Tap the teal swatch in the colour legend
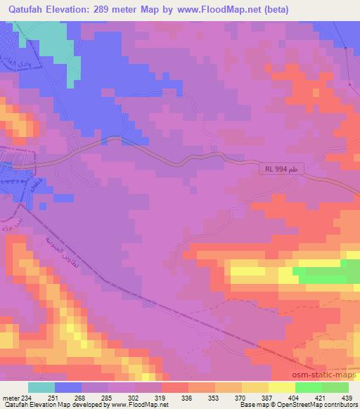tap(41, 387)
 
